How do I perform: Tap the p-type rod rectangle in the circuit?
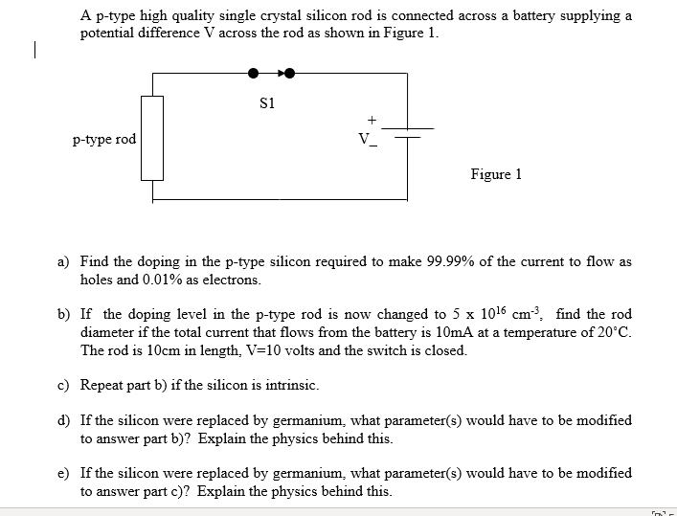point(153,138)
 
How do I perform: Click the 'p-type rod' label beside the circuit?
point(104,140)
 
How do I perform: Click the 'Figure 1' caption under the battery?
point(496,174)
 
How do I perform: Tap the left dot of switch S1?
point(253,72)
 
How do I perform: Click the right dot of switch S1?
point(288,72)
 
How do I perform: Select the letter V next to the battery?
point(363,140)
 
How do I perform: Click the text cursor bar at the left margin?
point(34,50)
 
